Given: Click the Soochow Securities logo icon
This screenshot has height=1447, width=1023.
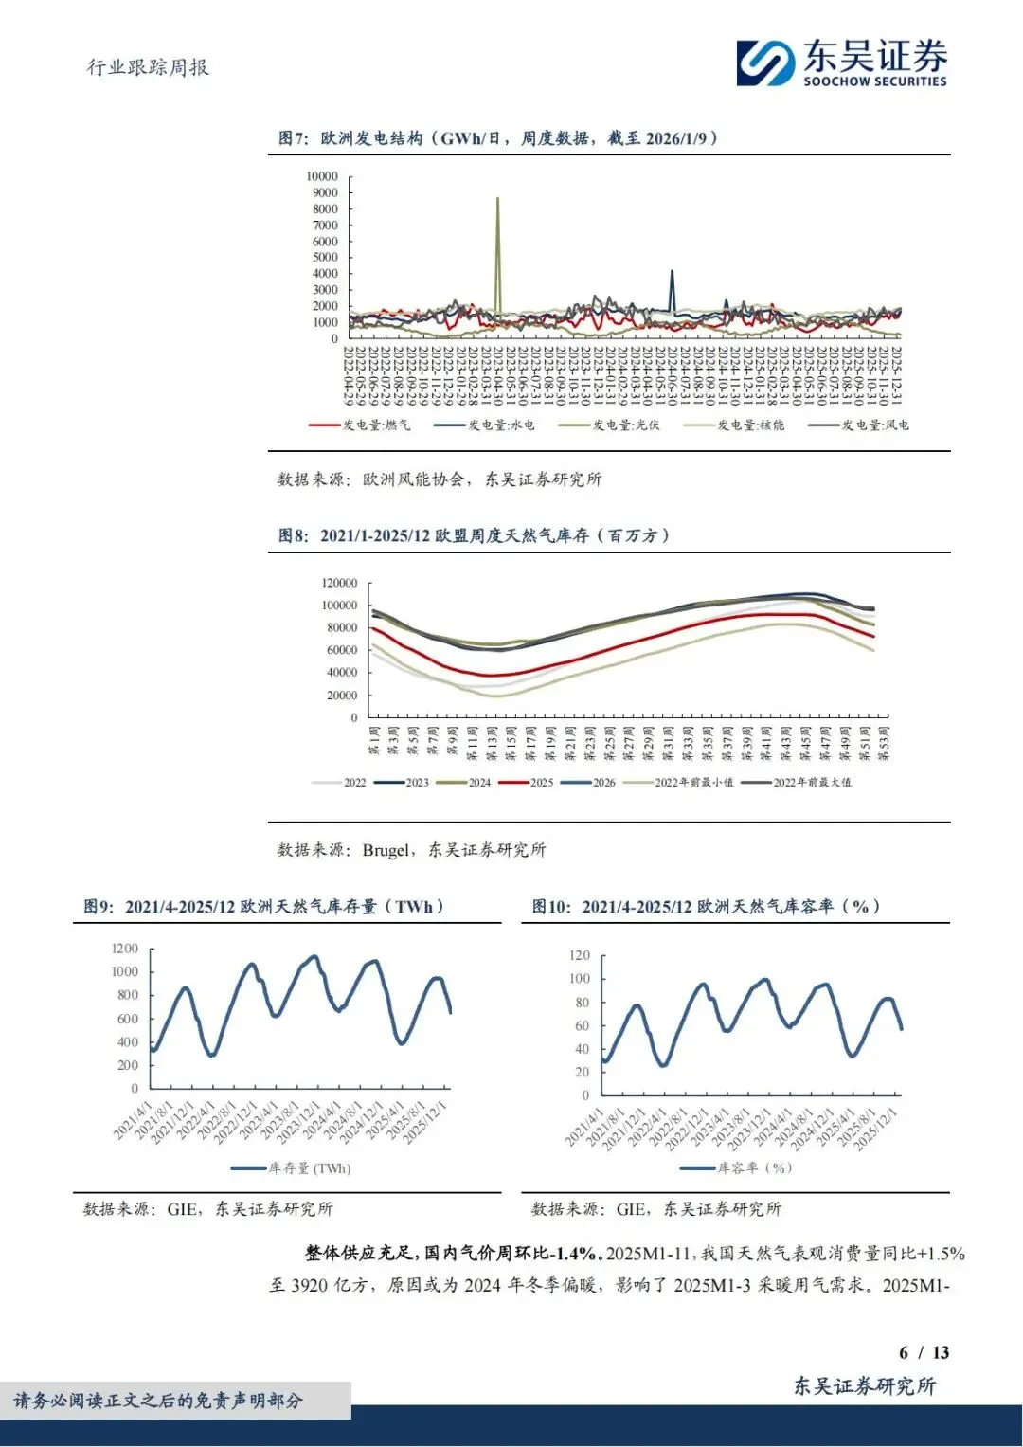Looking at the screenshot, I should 765,63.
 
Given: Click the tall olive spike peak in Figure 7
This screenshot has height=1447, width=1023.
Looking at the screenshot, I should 498,199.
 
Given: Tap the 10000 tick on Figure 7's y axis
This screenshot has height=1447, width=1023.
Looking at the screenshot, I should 322,176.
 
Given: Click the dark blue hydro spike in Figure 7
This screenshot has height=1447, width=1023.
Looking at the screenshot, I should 672,272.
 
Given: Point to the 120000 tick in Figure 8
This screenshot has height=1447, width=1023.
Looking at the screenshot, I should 339,583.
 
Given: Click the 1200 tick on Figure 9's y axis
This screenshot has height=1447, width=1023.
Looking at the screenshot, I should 125,949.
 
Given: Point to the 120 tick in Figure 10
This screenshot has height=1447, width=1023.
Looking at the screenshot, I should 579,955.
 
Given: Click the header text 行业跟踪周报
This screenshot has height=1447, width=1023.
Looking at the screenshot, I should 148,67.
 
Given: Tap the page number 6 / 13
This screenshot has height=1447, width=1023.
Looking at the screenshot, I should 924,1352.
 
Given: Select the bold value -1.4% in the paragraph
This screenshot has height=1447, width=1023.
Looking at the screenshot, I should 577,1254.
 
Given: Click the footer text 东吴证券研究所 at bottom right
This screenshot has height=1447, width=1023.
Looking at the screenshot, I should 864,1386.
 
